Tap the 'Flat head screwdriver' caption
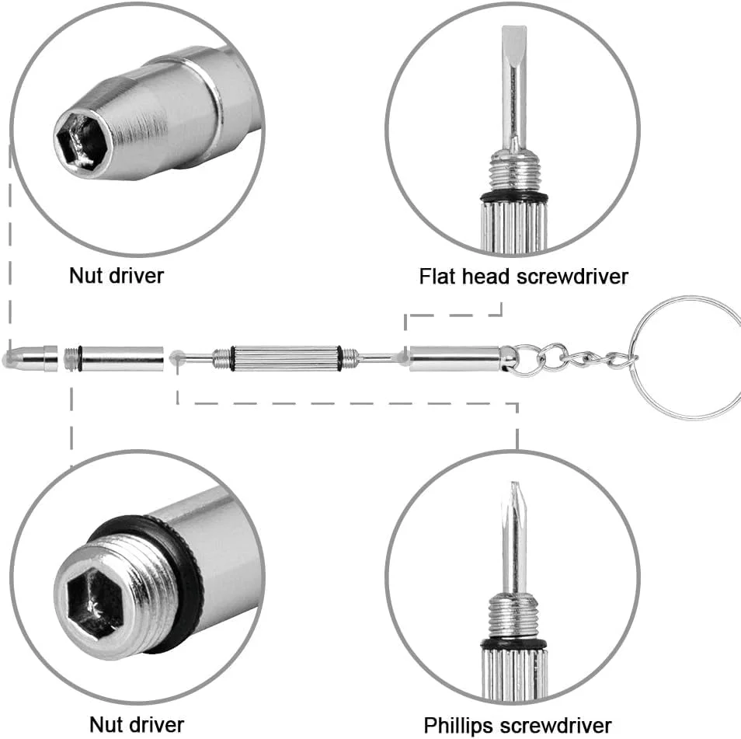point(523,276)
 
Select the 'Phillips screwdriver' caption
point(517,724)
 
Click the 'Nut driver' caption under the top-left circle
point(117,275)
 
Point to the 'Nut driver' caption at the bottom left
point(137,724)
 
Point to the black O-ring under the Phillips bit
point(513,643)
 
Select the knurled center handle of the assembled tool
point(285,358)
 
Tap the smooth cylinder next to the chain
point(454,358)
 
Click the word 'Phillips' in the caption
point(461,724)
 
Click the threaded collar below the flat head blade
point(513,171)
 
